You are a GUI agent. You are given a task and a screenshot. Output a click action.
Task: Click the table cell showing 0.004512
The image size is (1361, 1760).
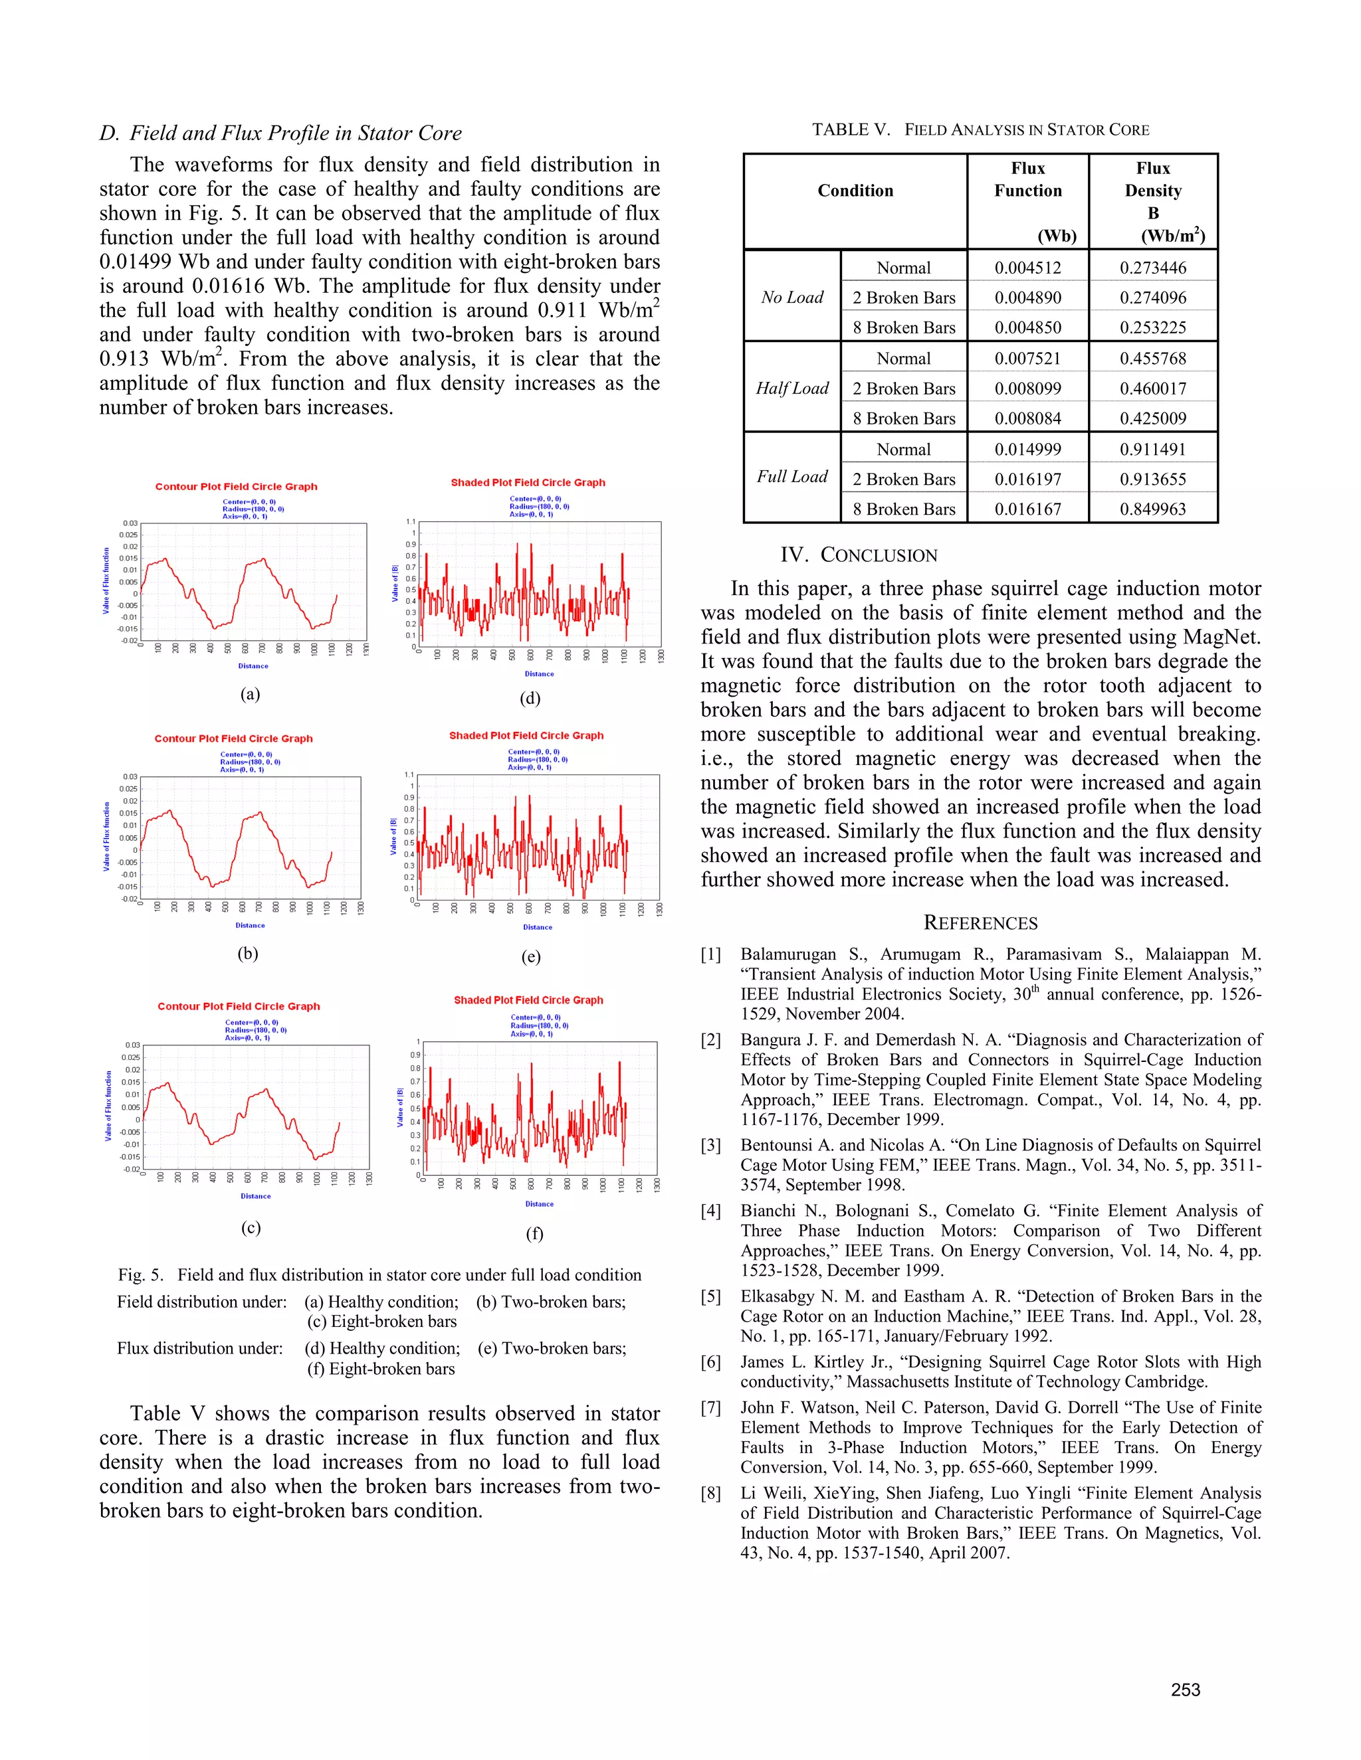point(1027,268)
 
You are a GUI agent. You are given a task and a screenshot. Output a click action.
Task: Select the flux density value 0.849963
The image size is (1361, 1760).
point(1152,509)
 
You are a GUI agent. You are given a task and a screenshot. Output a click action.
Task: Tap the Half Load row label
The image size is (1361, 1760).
point(791,388)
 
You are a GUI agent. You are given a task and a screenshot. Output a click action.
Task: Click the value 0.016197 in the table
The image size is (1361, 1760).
point(1027,479)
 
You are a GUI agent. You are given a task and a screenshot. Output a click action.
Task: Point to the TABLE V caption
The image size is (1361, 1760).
point(980,130)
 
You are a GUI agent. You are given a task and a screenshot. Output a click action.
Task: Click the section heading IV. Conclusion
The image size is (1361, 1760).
point(859,555)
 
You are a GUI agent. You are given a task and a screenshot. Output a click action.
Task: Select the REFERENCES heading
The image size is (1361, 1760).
point(980,923)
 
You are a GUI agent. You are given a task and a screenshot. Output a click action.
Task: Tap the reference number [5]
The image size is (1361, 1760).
point(710,1296)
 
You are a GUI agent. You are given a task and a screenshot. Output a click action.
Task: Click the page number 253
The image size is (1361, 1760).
point(1186,1690)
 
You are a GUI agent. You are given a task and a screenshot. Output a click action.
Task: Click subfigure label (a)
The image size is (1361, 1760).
point(250,694)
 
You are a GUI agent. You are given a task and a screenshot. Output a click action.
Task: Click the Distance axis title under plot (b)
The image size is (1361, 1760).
point(250,925)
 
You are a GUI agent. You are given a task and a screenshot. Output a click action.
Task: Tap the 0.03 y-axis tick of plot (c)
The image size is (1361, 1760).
point(132,1045)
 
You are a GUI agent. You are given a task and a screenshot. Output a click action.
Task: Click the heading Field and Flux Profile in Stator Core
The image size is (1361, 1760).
point(280,133)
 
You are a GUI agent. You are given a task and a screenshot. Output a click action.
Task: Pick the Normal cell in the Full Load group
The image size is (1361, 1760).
point(903,449)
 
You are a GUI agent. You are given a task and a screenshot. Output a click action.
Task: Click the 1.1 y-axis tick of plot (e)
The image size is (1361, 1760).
point(409,774)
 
